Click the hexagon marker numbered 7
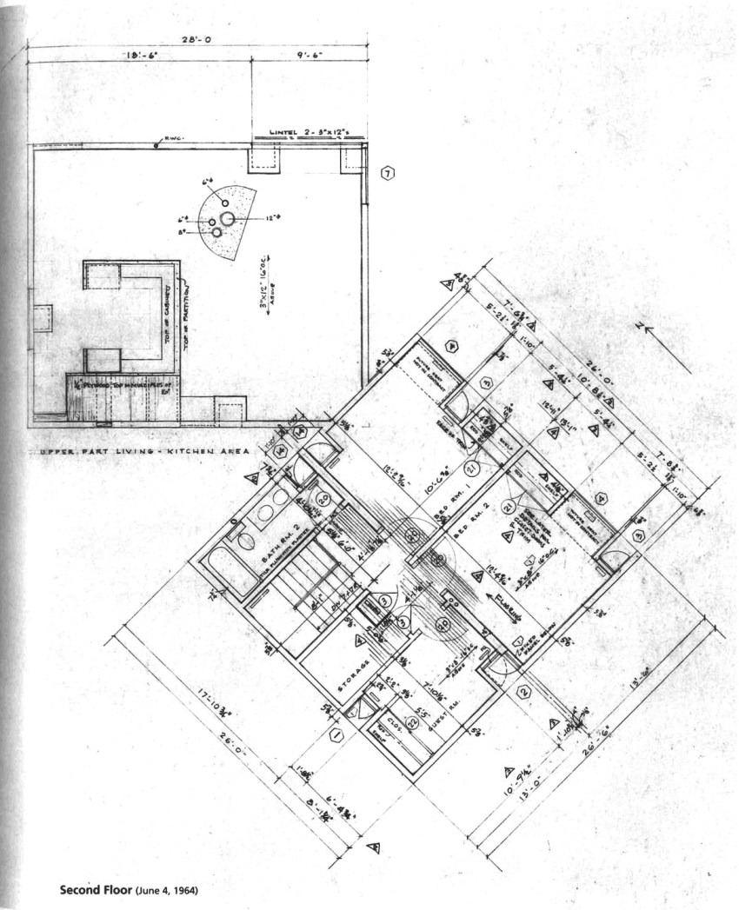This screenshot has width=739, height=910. pos(388,173)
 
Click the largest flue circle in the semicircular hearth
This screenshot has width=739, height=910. pos(227,219)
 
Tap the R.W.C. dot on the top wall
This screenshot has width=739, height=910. pos(156,143)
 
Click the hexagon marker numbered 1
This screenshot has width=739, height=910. pos(335,735)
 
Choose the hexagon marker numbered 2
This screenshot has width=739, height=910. pos(524,692)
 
